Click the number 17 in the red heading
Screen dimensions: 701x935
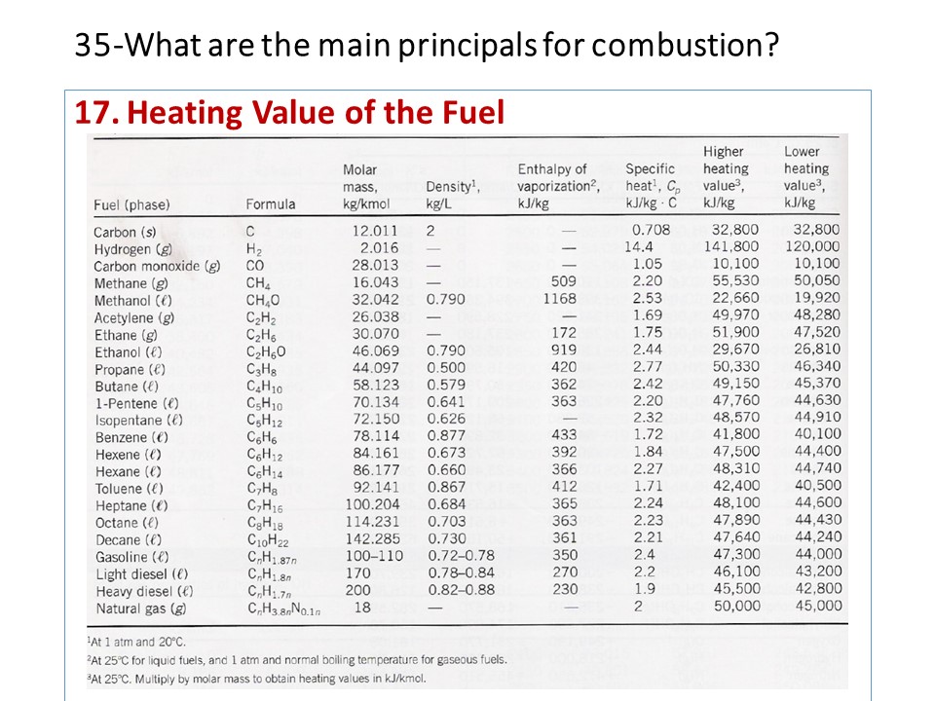pos(95,114)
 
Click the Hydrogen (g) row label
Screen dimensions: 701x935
pos(134,249)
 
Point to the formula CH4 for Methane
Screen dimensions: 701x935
pos(258,283)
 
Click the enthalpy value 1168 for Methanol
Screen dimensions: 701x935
pos(560,300)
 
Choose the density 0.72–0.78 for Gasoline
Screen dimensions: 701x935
pos(462,556)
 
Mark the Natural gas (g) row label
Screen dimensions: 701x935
pos(140,609)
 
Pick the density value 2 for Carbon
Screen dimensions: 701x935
pos(430,232)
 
